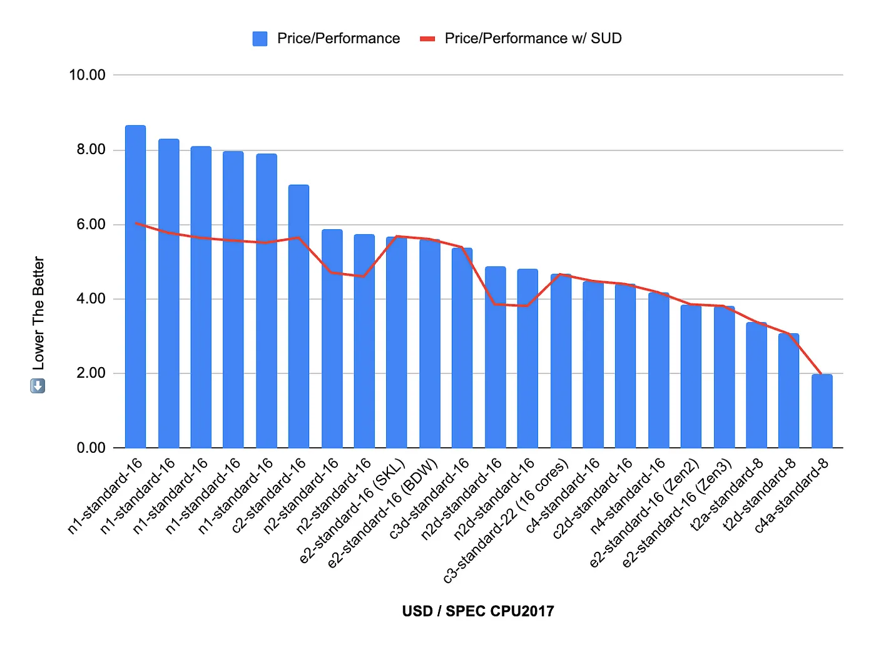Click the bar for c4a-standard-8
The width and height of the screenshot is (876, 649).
(822, 411)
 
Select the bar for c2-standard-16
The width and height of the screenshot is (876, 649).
(298, 316)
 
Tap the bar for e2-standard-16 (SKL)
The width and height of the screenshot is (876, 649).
(396, 342)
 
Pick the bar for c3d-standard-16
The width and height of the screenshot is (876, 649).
(462, 348)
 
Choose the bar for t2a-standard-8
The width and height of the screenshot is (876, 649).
(756, 385)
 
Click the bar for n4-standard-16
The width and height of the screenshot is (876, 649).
(658, 370)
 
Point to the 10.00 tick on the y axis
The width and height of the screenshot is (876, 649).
(87, 75)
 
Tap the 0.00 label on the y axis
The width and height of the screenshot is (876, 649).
(91, 448)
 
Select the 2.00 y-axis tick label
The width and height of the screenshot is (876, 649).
(91, 373)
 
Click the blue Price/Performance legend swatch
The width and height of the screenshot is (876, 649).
(260, 39)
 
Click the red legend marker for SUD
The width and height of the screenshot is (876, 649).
(427, 39)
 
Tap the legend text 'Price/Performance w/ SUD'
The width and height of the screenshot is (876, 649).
(533, 39)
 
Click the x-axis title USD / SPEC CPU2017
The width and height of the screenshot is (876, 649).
(478, 611)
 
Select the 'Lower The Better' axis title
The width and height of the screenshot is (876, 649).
(39, 313)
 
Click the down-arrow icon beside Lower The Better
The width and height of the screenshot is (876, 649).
(38, 386)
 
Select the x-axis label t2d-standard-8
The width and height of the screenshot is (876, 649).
(758, 495)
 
